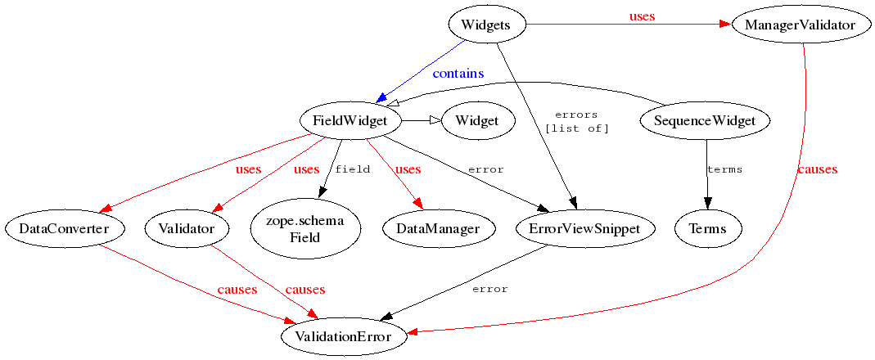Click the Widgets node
point(489,25)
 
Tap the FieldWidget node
point(351,120)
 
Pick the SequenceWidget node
point(706,120)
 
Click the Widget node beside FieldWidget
point(478,120)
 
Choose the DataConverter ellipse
point(64,227)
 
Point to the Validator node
point(187,227)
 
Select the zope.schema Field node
point(305,228)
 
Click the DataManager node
point(439,227)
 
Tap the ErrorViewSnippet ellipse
point(584,227)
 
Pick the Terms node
point(708,227)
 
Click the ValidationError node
point(344,336)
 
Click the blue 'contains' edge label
point(458,73)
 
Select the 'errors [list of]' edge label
point(577,122)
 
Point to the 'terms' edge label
point(724,169)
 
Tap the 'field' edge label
point(352,169)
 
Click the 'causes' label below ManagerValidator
point(817,169)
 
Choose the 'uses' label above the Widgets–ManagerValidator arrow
point(642,16)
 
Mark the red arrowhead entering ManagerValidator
point(725,25)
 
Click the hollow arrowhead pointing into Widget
point(435,120)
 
